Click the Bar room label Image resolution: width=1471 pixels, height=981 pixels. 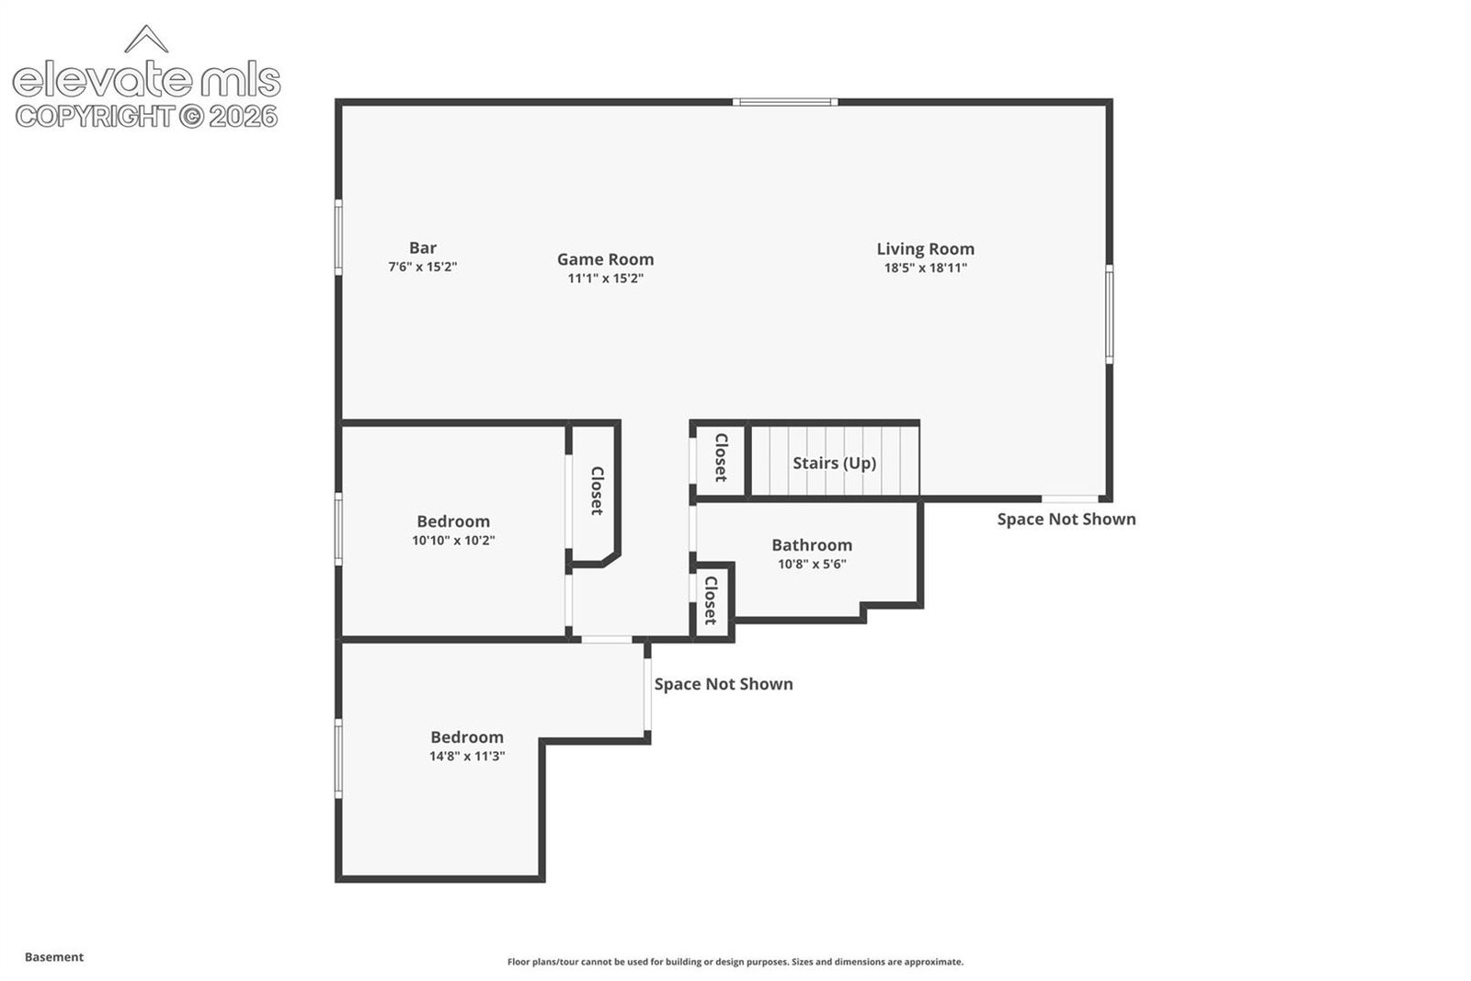pos(423,247)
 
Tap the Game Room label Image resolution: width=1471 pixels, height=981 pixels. pos(606,259)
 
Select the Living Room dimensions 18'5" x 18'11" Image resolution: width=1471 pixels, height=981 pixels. pos(925,268)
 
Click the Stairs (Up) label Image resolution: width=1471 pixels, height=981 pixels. pos(834,463)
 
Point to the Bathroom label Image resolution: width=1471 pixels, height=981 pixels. pos(812,545)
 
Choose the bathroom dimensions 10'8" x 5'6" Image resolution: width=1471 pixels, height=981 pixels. pos(812,564)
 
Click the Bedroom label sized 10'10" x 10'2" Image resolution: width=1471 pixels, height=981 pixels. pos(453,521)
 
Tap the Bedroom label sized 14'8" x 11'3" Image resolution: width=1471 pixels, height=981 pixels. pos(467,736)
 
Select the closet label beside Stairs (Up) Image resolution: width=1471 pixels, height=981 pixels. pos(721,458)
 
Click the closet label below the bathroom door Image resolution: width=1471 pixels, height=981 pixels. pos(711,600)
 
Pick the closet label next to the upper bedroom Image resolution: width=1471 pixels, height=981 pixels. pos(597,491)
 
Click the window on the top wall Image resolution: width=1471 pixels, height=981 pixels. pos(785,102)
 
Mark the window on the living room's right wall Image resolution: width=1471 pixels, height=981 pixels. pos(1109,314)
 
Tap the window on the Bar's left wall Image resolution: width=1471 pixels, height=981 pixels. pos(339,238)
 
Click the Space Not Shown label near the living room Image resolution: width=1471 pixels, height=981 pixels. pos(1066,519)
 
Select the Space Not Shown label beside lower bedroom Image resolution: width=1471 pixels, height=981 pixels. pos(724,683)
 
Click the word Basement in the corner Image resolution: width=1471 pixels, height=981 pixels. pos(54,957)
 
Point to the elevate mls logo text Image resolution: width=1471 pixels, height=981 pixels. pos(147,79)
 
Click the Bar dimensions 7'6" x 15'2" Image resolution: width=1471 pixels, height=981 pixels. pos(423,267)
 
